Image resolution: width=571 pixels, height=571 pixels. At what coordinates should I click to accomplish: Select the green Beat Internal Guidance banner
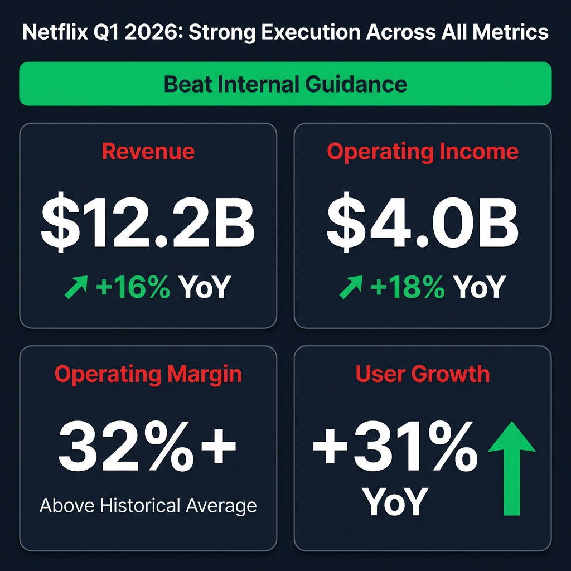[x=285, y=84]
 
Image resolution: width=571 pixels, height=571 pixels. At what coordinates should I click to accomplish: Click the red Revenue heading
[x=148, y=152]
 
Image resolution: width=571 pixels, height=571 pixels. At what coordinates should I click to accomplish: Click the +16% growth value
[x=133, y=289]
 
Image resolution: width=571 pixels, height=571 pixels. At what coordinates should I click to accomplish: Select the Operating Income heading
[x=423, y=152]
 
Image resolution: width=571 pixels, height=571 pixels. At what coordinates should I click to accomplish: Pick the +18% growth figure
[x=407, y=289]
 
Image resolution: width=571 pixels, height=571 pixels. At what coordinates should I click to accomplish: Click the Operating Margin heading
[x=148, y=374]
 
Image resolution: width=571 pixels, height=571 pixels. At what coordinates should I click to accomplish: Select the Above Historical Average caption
[x=148, y=506]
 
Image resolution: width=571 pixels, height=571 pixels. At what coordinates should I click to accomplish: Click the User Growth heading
[x=423, y=374]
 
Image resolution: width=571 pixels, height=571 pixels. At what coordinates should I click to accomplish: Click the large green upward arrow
[x=511, y=468]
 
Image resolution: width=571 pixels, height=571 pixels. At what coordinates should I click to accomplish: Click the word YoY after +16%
[x=204, y=289]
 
